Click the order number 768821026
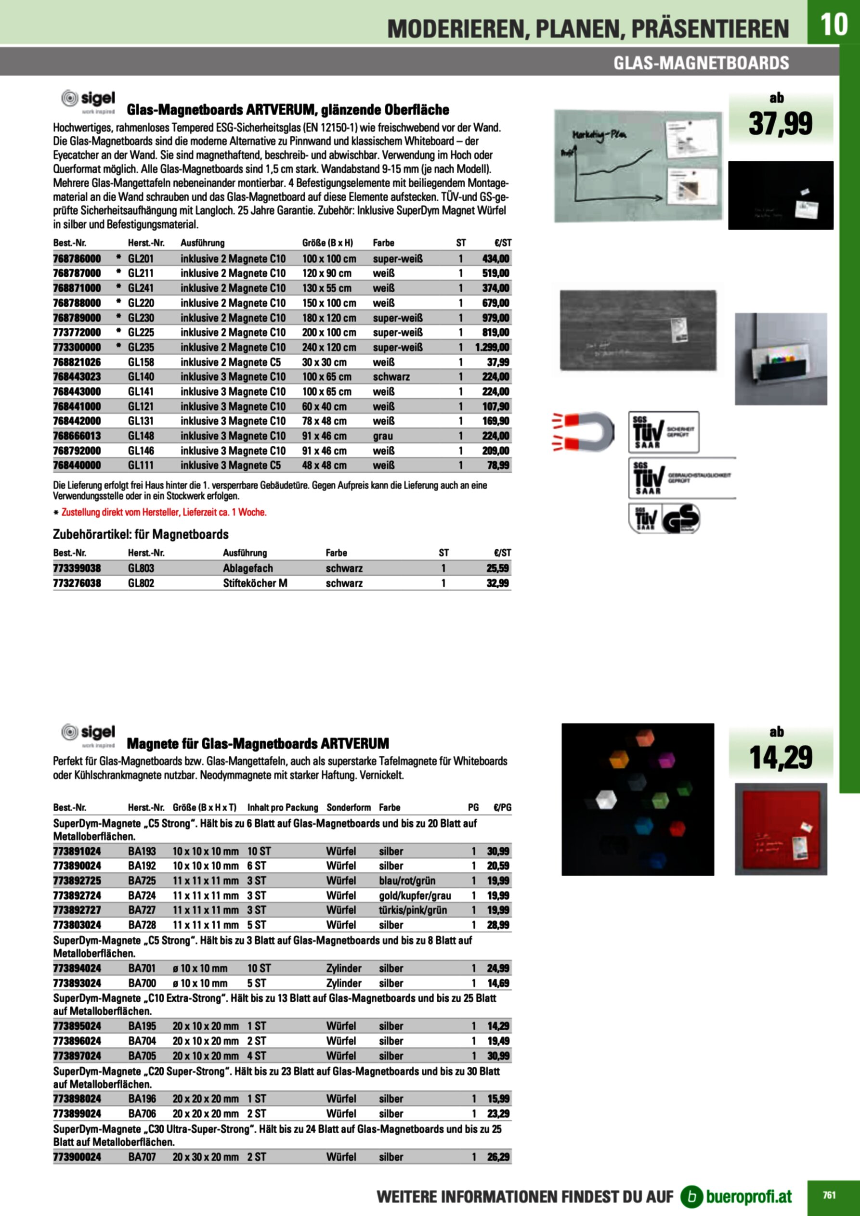click(77, 362)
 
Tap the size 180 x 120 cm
click(329, 318)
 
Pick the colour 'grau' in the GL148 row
click(383, 436)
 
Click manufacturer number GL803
click(141, 568)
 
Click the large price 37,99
click(780, 124)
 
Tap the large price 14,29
click(780, 757)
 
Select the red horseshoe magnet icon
click(583, 431)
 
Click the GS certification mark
click(681, 518)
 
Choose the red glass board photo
click(781, 829)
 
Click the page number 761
click(829, 1195)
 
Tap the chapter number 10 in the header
click(834, 25)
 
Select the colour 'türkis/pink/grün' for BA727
click(413, 910)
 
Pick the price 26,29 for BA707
click(498, 1157)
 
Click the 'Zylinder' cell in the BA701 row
click(344, 968)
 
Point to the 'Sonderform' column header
click(348, 807)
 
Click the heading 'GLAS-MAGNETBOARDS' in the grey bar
click(701, 63)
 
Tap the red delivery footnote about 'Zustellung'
click(164, 512)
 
